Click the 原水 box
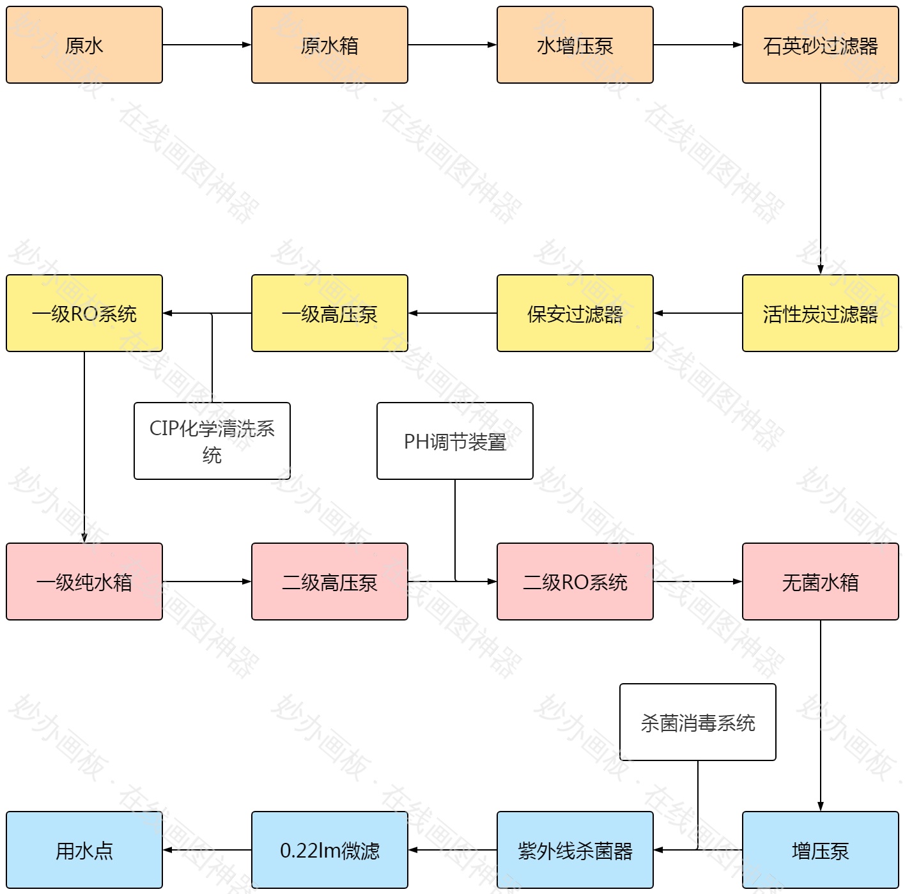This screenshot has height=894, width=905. point(84,45)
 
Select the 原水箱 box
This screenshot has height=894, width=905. point(330,45)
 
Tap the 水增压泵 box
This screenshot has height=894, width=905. point(575,45)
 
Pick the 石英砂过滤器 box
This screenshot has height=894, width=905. point(821,45)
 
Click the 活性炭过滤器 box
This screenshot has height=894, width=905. point(821,313)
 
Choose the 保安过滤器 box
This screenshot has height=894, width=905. point(575,313)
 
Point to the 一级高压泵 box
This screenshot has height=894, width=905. point(330,313)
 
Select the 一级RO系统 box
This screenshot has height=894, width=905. point(84,313)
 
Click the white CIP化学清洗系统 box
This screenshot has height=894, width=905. point(212,441)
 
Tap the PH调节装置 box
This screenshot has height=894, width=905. point(455,441)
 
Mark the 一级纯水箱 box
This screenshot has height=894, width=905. point(84,582)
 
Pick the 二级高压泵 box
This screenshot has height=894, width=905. point(330,582)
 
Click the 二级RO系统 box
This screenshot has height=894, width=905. point(575,582)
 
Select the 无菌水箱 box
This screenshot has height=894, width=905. point(821,582)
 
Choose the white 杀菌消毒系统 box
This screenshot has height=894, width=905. point(698,722)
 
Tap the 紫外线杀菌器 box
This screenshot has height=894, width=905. point(575,850)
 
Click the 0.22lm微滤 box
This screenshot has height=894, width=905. point(330,850)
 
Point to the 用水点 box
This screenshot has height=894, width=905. point(84,850)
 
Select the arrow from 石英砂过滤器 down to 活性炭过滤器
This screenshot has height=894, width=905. point(821,179)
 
